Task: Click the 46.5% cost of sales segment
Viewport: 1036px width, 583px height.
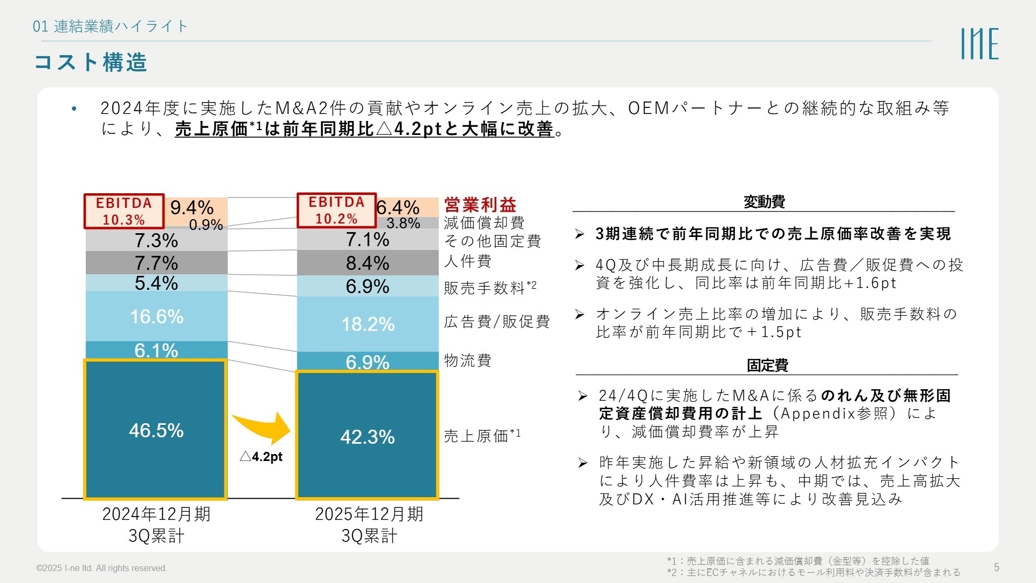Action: (155, 430)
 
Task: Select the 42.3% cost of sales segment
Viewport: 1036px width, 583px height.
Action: (367, 436)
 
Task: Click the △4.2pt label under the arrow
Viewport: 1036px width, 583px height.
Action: (261, 457)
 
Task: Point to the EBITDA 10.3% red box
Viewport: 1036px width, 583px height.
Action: (124, 211)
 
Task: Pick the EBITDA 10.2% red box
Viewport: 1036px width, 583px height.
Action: (336, 210)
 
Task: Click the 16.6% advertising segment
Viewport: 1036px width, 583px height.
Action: (156, 316)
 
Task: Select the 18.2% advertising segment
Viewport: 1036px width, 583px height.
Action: (367, 324)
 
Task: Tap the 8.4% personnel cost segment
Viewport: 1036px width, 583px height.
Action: (367, 263)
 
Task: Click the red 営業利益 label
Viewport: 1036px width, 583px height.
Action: (480, 205)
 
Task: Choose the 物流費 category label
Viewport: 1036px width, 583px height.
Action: (467, 360)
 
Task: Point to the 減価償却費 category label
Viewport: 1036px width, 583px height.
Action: (484, 222)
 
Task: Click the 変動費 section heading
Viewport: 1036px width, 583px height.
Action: (764, 202)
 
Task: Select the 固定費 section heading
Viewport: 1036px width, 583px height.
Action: (767, 365)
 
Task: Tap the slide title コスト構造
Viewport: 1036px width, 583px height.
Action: (91, 62)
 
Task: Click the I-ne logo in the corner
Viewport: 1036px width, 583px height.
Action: (979, 44)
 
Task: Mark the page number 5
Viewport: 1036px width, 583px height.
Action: (997, 567)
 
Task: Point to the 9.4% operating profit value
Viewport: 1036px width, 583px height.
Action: (192, 207)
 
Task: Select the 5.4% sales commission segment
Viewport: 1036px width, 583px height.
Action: (156, 283)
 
